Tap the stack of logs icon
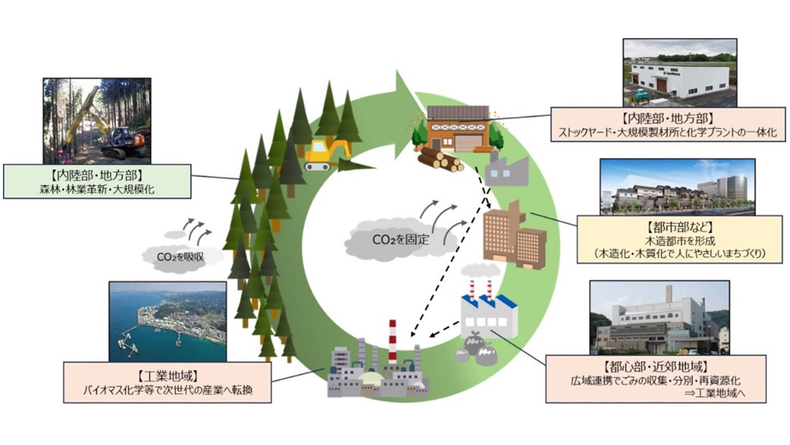440,159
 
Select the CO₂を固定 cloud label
400,240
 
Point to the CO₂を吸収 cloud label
180,257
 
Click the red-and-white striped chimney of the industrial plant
393,341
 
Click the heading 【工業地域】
167,375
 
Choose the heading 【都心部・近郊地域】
655,367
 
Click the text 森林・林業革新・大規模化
97,189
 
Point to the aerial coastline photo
168,321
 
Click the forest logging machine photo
97,120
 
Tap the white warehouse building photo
679,73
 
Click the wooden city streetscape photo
677,187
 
